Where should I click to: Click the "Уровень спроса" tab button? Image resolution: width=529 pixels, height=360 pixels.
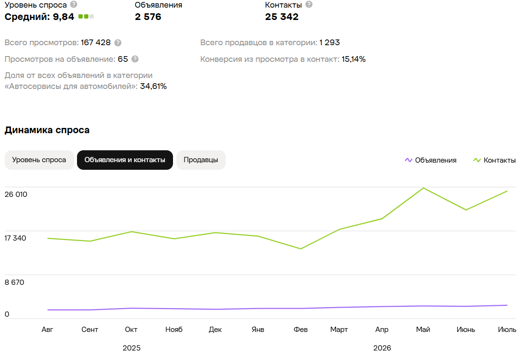pos(39,160)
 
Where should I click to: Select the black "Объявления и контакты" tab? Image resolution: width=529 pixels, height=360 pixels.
pos(125,160)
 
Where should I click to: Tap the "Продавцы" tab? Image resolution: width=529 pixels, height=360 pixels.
pos(201,160)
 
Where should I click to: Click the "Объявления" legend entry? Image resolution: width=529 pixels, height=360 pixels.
pos(431,160)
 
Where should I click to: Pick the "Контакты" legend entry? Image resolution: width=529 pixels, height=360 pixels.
pos(495,160)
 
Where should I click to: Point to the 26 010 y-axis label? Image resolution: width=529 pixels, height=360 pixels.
pos(16,194)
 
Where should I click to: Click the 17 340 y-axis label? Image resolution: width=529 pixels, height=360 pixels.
pos(15,238)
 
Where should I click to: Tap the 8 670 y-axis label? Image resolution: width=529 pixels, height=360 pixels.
pos(15,282)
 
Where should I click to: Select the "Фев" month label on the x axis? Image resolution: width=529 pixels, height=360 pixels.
pos(300,329)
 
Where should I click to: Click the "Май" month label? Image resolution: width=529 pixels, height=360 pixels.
pos(423,329)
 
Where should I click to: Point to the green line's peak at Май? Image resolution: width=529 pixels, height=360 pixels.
pos(423,188)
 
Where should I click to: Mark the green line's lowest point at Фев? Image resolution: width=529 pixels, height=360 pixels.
pos(300,249)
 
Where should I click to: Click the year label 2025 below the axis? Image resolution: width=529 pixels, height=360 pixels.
pos(132,348)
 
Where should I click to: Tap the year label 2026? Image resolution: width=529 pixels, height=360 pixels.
pos(382,348)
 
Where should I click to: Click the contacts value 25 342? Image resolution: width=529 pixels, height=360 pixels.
pos(282,17)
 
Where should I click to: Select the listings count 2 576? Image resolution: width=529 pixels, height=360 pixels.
pos(148,17)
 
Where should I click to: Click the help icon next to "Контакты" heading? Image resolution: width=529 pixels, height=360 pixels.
pos(308,4)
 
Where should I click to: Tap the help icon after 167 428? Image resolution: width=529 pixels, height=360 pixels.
pos(118,42)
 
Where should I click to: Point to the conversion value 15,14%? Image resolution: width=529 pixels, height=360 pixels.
pos(354,59)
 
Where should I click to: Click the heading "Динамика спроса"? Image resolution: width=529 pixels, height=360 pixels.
pos(47,130)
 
